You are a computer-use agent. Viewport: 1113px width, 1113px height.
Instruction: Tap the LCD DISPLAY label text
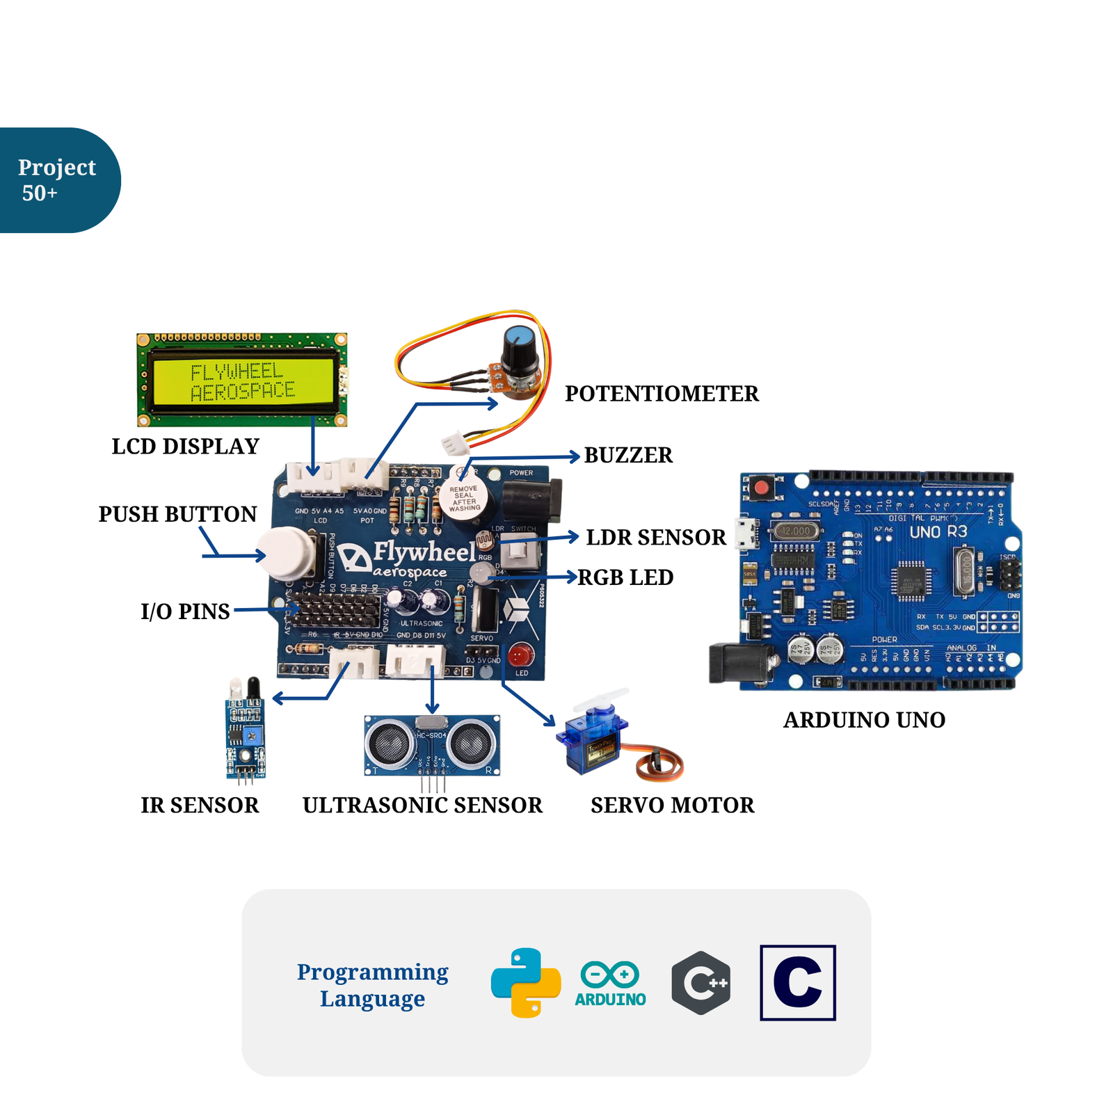coord(185,446)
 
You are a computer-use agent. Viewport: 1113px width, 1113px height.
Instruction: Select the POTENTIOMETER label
coord(661,394)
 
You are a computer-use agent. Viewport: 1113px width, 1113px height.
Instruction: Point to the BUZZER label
coord(627,455)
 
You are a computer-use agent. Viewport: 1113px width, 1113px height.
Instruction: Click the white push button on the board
coord(286,553)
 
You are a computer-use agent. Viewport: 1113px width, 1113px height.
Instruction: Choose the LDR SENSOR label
coord(655,537)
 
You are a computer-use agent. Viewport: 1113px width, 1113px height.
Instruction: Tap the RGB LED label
coord(625,577)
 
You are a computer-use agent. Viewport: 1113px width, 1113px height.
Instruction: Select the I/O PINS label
coord(185,611)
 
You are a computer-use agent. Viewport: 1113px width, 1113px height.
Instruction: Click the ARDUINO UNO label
coord(864,720)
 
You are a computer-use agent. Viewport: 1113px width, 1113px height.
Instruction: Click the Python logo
coord(526,982)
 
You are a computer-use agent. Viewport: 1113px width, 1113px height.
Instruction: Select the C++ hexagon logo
coord(700,982)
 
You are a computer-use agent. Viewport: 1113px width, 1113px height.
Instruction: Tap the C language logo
coord(797,982)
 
